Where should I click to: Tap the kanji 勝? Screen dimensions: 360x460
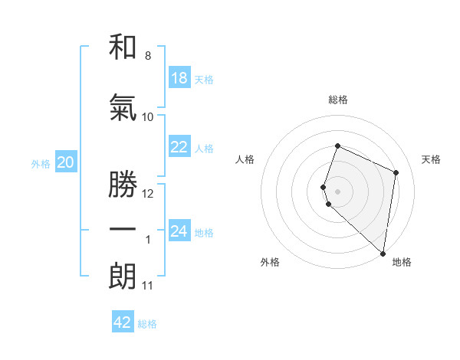tap(123, 184)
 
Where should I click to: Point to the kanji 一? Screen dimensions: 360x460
tap(123, 230)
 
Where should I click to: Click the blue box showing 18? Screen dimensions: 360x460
tap(179, 78)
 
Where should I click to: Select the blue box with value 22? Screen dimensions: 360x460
tap(179, 147)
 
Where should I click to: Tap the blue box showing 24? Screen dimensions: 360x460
tap(179, 231)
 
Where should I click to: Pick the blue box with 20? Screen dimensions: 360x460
tap(65, 162)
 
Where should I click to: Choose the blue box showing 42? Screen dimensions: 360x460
tap(123, 322)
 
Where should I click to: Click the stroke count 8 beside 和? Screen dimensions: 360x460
tap(148, 56)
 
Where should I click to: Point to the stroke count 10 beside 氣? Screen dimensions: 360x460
tap(148, 116)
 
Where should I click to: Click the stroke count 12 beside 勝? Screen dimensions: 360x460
tap(148, 194)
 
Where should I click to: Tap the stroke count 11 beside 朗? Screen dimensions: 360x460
tap(148, 286)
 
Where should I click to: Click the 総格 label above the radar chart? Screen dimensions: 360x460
tap(338, 100)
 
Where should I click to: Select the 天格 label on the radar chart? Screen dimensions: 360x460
tap(432, 159)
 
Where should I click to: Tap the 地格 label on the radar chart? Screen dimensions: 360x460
tap(402, 262)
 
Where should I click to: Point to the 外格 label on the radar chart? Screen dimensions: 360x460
tap(270, 262)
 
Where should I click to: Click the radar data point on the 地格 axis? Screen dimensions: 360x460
tap(383, 254)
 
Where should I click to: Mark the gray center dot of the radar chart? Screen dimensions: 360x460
tap(338, 191)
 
